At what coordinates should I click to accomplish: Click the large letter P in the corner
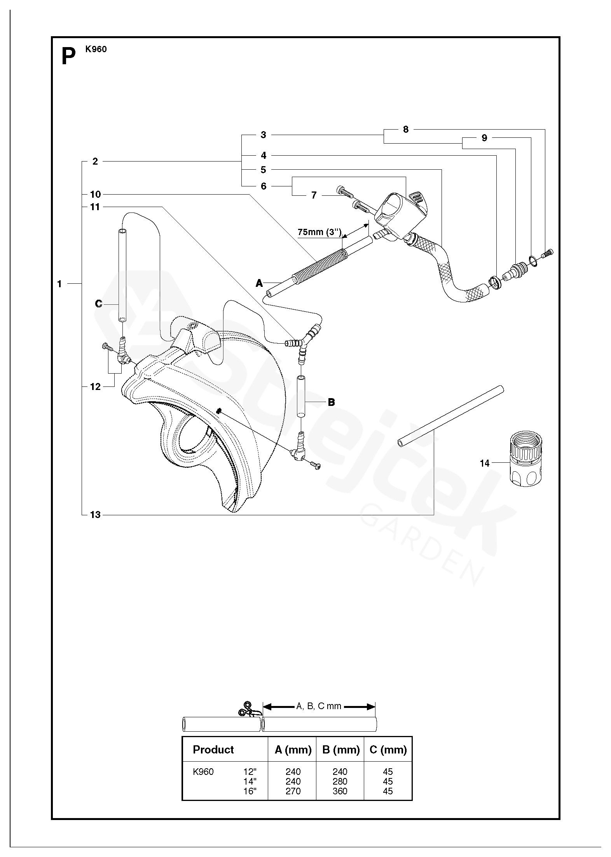68,57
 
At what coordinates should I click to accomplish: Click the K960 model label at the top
96,49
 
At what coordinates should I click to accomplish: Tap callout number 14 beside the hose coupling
484,463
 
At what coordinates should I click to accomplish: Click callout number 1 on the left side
59,284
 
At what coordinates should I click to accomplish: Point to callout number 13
95,515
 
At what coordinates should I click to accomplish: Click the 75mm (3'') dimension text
319,232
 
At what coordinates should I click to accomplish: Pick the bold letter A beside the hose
259,283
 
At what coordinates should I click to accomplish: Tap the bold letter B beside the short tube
331,402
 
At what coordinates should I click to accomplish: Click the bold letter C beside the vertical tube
99,304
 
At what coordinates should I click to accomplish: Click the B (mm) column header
340,750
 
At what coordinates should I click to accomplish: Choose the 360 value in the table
340,791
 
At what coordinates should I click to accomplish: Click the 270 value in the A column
293,791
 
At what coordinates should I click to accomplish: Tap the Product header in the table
213,750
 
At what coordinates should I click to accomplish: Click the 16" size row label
250,791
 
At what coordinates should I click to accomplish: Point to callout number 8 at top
406,130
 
